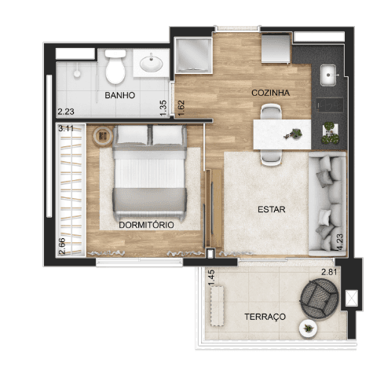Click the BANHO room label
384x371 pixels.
120,95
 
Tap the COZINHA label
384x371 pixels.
270,93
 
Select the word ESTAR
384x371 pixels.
272,209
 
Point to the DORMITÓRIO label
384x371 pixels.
146,225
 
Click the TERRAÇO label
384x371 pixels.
265,317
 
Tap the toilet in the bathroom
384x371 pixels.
115,67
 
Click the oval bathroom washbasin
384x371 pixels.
151,63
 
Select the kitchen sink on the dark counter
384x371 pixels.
328,75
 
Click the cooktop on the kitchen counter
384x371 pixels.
330,105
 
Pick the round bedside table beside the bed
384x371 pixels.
102,136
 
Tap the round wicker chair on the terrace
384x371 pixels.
320,299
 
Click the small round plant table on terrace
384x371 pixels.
308,329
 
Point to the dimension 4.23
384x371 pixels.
340,242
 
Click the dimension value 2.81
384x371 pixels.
329,272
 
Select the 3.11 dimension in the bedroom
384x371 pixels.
66,129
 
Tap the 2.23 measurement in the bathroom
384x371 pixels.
66,112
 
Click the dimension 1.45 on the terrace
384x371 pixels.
211,278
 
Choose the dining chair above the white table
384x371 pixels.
271,112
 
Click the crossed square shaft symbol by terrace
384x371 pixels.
351,298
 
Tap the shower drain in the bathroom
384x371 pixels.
77,74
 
